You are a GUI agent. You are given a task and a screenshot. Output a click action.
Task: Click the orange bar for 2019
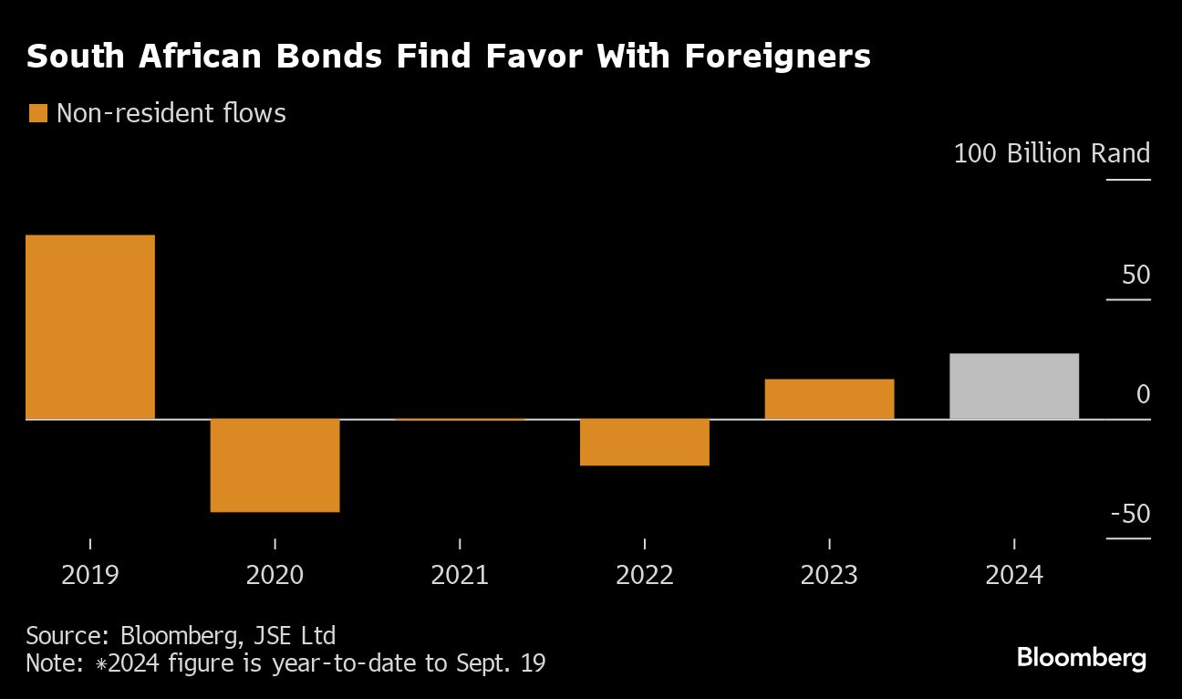90,327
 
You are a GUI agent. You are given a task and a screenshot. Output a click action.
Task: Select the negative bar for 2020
275,465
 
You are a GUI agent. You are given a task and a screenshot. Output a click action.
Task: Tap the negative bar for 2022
645,443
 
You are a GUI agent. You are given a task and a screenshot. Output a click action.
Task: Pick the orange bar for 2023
829,399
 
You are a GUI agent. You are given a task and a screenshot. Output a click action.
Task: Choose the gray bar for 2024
1014,386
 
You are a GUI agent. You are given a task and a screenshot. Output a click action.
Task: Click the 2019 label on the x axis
90,576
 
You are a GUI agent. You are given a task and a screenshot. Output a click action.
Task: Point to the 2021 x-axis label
460,576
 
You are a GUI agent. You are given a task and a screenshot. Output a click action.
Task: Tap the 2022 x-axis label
645,576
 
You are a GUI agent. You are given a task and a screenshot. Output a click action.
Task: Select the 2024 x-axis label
1014,576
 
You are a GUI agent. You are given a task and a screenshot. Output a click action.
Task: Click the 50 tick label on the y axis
1136,275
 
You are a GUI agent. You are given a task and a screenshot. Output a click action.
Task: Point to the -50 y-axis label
1131,515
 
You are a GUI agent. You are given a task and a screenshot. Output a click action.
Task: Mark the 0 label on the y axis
1143,394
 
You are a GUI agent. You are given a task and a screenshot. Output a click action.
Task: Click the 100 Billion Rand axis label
1052,153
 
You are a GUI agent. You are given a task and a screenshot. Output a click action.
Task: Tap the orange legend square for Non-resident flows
38,113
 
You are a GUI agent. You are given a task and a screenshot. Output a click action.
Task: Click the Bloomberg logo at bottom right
1082,658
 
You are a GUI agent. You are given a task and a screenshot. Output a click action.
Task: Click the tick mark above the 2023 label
829,544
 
